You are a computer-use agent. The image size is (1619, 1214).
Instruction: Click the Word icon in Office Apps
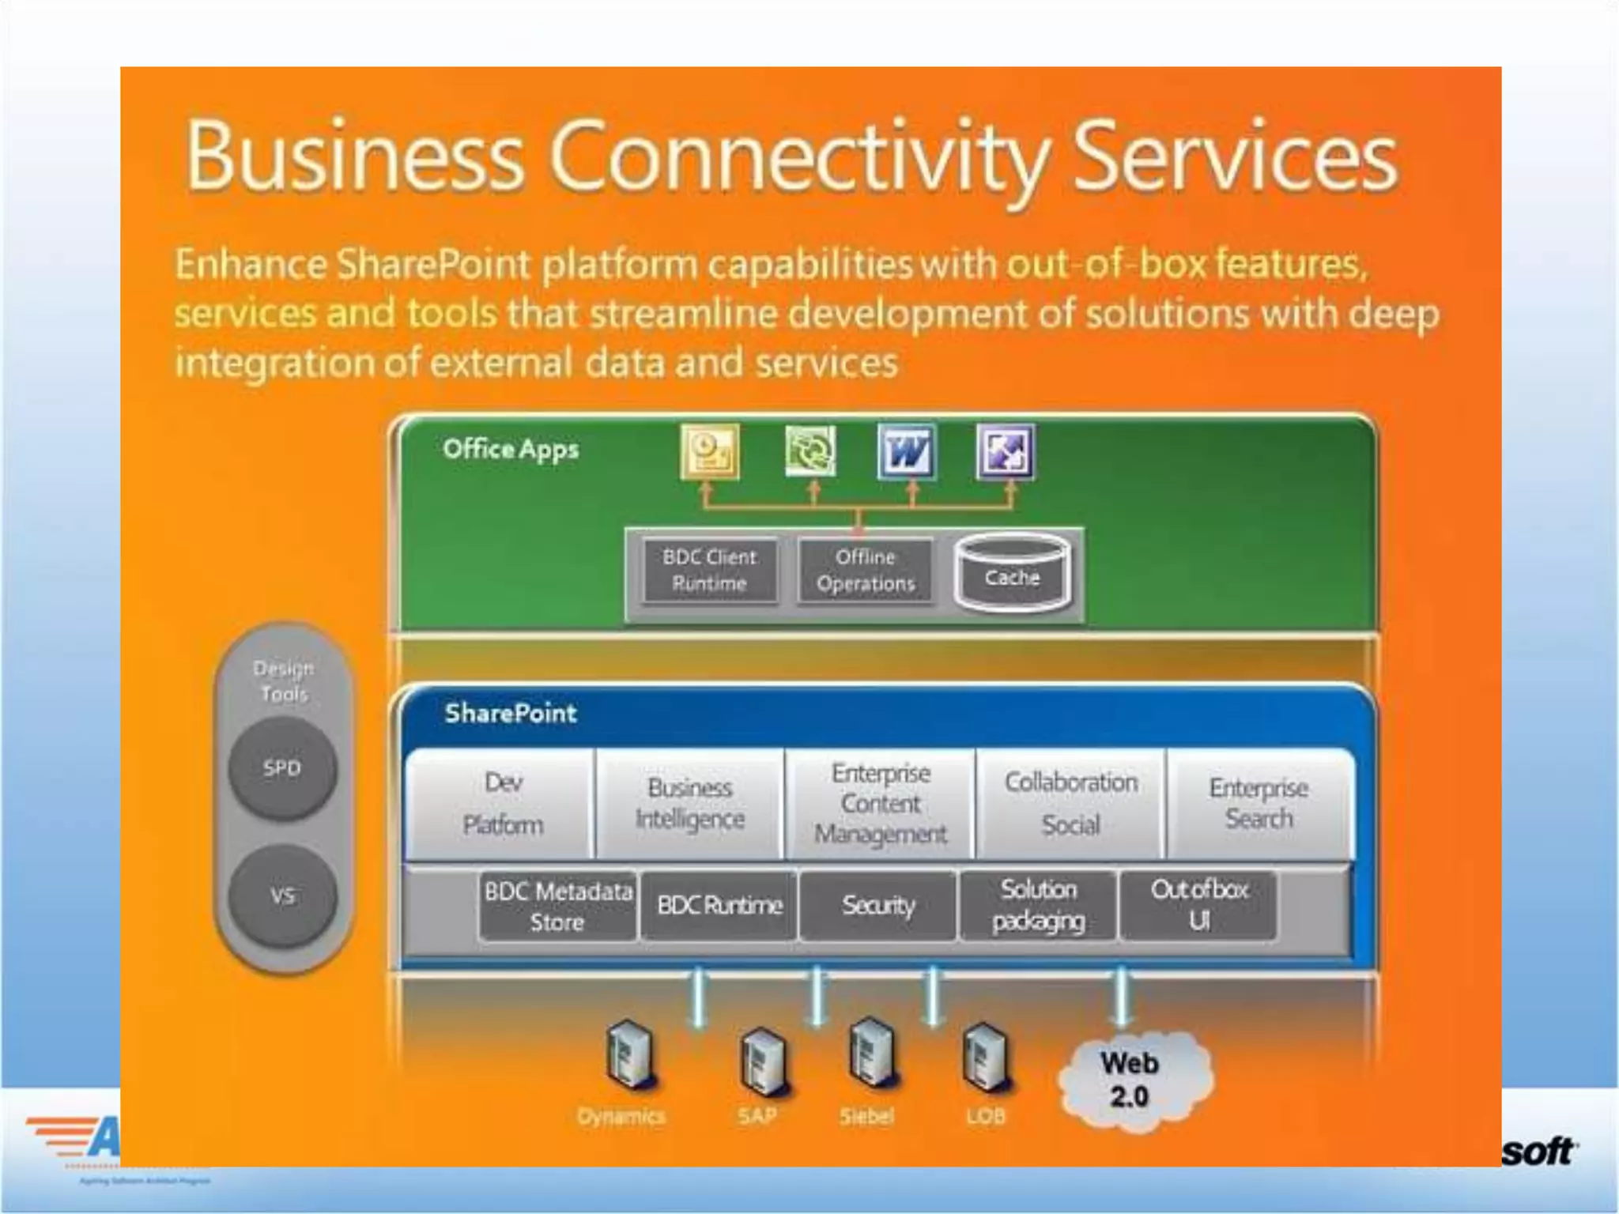(x=906, y=452)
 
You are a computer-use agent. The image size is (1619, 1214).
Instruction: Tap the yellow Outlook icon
(x=710, y=452)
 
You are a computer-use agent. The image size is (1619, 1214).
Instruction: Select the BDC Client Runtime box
(x=709, y=571)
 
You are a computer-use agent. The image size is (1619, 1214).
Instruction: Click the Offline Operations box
(x=866, y=571)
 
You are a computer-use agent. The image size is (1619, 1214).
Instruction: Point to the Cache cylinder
(x=1013, y=574)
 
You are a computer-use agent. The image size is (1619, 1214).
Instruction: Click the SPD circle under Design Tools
(x=282, y=768)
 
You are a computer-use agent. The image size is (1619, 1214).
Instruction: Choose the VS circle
(x=282, y=895)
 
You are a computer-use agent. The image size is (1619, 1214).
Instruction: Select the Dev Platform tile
(x=503, y=803)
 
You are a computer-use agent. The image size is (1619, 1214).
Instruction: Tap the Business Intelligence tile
(x=690, y=803)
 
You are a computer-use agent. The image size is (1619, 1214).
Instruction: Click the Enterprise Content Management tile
(x=881, y=803)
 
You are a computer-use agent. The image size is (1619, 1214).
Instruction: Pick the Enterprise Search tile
(x=1259, y=803)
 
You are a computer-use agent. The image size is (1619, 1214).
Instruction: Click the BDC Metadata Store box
(x=557, y=906)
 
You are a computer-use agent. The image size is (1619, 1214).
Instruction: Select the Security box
(x=878, y=906)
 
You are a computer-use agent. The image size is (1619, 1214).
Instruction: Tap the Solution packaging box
(x=1039, y=906)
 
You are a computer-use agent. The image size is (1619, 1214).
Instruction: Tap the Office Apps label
(x=511, y=450)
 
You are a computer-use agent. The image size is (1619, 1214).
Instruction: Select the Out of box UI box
(x=1198, y=906)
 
